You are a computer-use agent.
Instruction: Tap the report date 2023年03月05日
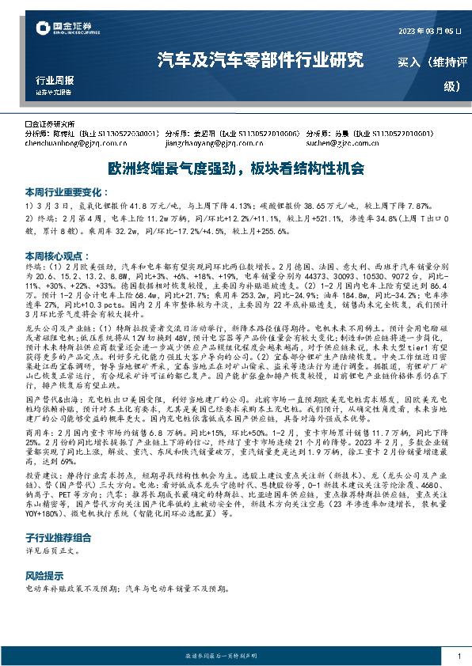point(428,32)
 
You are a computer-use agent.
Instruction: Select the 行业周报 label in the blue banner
point(55,81)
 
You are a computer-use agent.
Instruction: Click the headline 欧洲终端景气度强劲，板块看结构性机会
point(236,168)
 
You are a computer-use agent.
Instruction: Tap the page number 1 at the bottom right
point(459,656)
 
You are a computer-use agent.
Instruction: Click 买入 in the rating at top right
point(413,61)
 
